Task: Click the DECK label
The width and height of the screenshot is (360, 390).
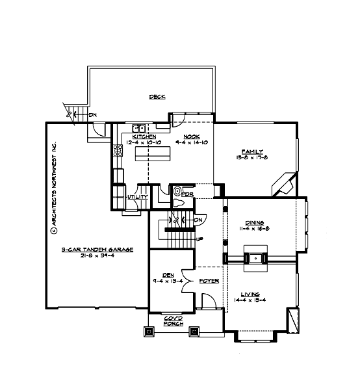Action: pos(157,97)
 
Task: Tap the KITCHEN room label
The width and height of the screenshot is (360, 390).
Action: pos(144,136)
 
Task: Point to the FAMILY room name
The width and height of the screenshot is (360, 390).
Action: pos(252,151)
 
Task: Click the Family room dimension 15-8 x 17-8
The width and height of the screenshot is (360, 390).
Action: pos(252,157)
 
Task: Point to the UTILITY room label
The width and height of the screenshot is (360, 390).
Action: pos(138,196)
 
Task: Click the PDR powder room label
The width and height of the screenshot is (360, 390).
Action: pos(188,194)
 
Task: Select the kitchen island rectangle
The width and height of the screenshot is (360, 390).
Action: pos(153,153)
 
